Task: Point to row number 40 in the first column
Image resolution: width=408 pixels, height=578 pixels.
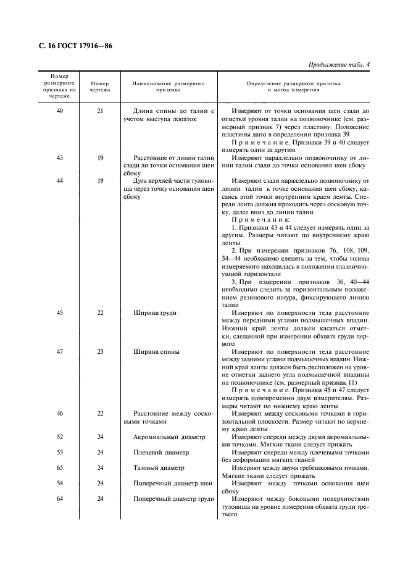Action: (60, 111)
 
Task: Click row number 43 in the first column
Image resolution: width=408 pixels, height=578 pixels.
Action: (60, 157)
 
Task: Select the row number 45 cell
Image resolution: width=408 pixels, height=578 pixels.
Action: (60, 313)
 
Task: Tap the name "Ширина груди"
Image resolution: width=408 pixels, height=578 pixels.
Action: (155, 313)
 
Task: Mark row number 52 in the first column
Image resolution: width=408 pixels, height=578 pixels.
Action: (60, 437)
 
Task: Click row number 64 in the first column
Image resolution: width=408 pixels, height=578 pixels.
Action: (60, 499)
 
